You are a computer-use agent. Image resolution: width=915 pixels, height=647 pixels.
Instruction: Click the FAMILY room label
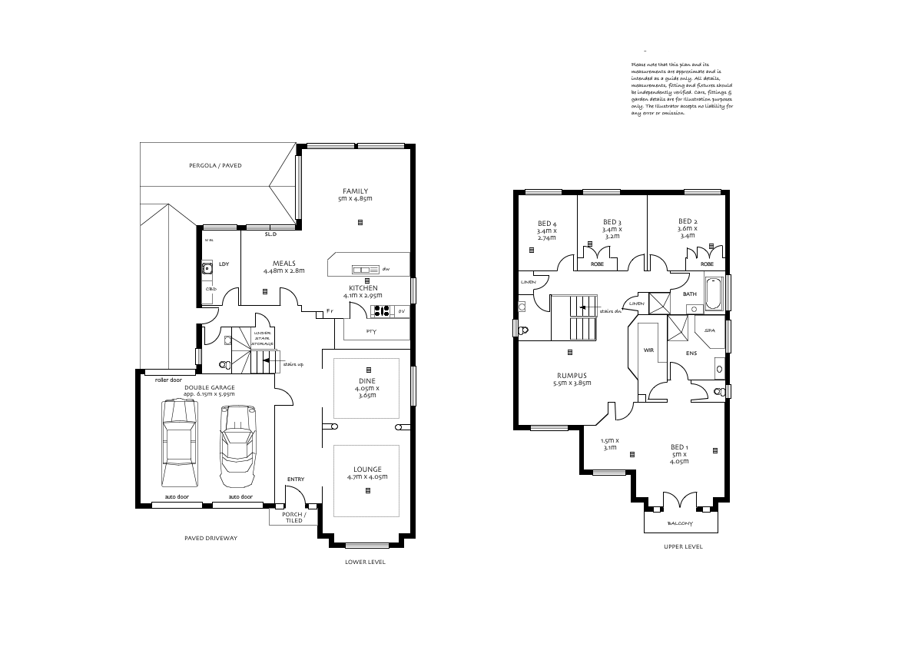(356, 191)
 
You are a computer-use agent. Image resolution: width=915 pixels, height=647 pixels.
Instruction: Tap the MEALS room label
(283, 264)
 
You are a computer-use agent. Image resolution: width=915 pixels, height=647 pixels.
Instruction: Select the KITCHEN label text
(363, 288)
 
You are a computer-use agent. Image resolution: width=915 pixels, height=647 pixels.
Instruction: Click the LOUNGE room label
(366, 469)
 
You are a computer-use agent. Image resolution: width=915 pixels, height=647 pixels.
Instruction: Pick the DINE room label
(366, 380)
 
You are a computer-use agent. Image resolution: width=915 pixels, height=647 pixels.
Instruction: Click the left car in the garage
(178, 443)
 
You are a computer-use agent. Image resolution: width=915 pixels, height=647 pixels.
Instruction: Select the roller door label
(167, 380)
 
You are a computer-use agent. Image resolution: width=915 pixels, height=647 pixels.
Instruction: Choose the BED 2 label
(688, 221)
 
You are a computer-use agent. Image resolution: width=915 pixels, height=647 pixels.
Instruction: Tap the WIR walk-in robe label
(648, 350)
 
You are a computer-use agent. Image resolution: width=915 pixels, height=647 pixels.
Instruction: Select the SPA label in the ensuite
(710, 330)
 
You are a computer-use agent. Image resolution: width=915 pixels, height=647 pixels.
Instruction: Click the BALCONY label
(680, 523)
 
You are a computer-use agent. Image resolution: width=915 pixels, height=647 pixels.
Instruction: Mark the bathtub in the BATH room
(712, 293)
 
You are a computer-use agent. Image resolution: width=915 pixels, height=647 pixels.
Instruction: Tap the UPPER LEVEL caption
(683, 547)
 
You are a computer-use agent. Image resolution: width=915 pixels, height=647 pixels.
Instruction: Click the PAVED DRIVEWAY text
(211, 538)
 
